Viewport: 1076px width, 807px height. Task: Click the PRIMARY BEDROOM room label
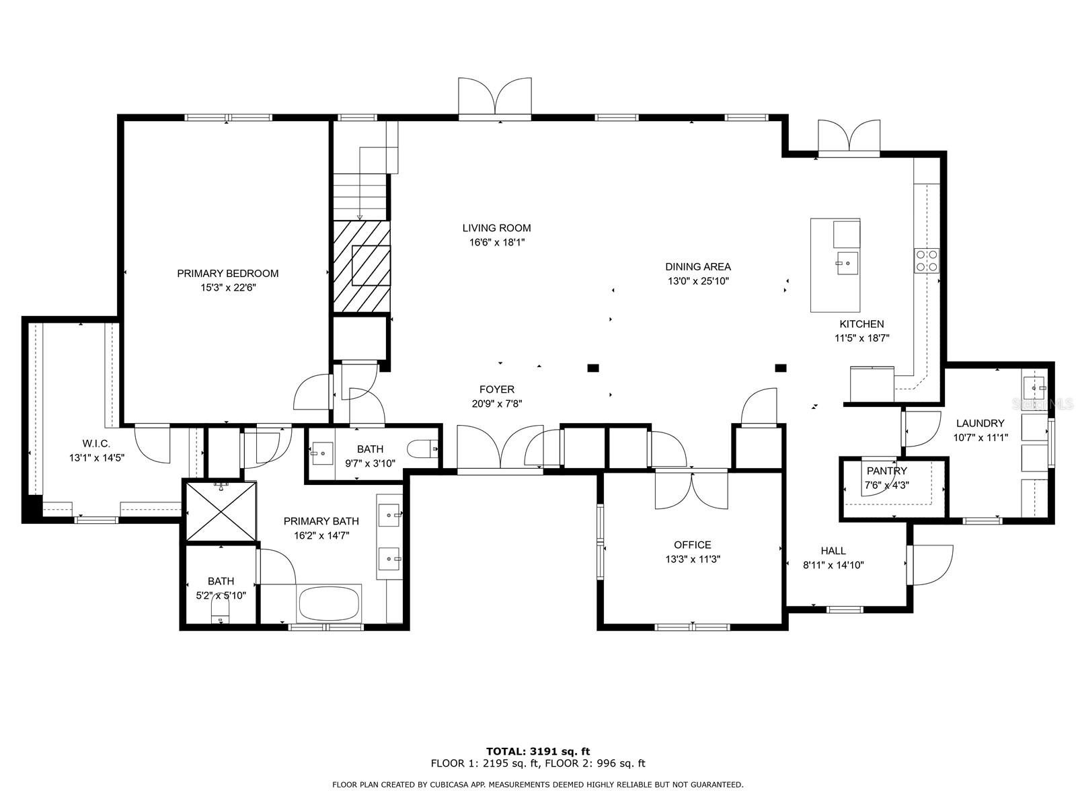pyautogui.click(x=227, y=274)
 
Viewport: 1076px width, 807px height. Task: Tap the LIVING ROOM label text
pyautogui.click(x=496, y=228)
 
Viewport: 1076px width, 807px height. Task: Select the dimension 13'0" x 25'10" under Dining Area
pyautogui.click(x=698, y=281)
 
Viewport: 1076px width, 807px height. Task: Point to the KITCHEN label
pyautogui.click(x=861, y=324)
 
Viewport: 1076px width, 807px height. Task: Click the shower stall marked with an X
pyautogui.click(x=221, y=512)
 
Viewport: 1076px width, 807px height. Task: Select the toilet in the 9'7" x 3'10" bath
pyautogui.click(x=422, y=449)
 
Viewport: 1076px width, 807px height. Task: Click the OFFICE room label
pyautogui.click(x=692, y=545)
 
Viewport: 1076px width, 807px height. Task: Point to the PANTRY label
pyautogui.click(x=887, y=471)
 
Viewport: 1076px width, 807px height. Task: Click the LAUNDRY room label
pyautogui.click(x=980, y=424)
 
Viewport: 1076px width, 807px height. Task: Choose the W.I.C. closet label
pyautogui.click(x=96, y=444)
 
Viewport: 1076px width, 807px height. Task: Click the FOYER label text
pyautogui.click(x=496, y=389)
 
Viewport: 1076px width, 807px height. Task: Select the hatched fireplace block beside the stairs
pyautogui.click(x=362, y=266)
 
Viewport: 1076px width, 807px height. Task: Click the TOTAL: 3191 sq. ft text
pyautogui.click(x=538, y=752)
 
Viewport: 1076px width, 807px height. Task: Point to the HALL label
pyautogui.click(x=833, y=551)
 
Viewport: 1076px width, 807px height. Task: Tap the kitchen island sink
pyautogui.click(x=847, y=263)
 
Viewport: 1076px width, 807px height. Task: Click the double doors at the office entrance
pyautogui.click(x=691, y=490)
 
